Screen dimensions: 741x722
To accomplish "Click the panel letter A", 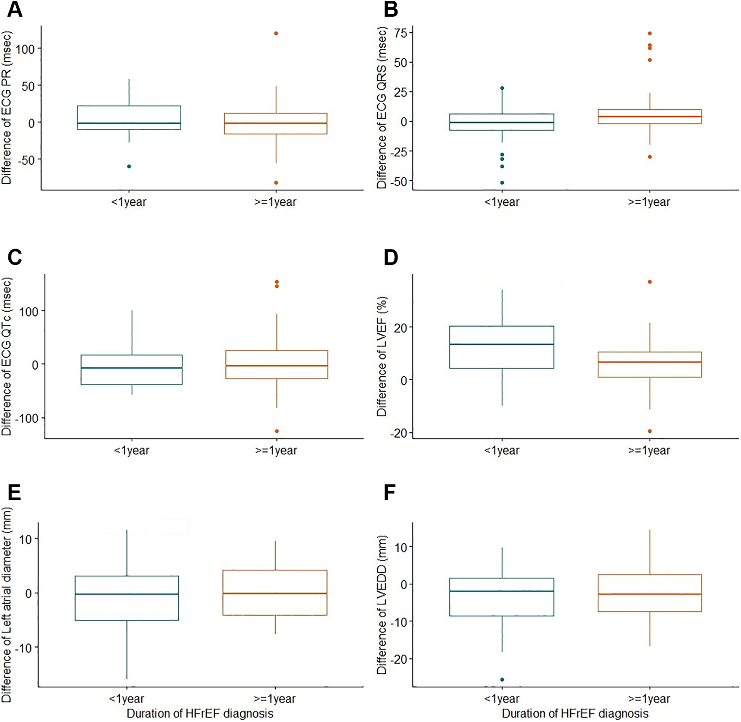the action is (15, 9).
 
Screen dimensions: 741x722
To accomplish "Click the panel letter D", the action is (391, 257).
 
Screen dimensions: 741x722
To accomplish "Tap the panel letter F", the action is (390, 493).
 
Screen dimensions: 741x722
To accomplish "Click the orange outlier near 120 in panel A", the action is (276, 34).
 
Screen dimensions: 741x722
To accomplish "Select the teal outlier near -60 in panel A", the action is (129, 166).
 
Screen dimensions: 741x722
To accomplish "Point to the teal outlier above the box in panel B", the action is (502, 88).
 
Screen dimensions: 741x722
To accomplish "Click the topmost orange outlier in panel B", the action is (650, 34).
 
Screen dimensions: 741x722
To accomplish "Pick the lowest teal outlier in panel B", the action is (502, 183).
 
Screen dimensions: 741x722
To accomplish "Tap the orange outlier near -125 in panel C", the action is (277, 431).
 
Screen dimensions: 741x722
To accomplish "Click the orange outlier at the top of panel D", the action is (650, 282).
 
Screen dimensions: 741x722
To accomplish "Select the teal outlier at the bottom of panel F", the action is (502, 680).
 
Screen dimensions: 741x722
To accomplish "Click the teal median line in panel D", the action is (502, 344).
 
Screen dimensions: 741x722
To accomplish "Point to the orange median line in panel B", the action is (650, 117).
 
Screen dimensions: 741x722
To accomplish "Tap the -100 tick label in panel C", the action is (26, 418).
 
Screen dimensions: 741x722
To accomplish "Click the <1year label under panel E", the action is (127, 699).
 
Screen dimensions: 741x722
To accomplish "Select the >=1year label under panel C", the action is (276, 451).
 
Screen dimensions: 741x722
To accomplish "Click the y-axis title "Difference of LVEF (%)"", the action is (382, 356).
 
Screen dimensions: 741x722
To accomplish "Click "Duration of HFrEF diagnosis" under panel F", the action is (575, 714).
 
